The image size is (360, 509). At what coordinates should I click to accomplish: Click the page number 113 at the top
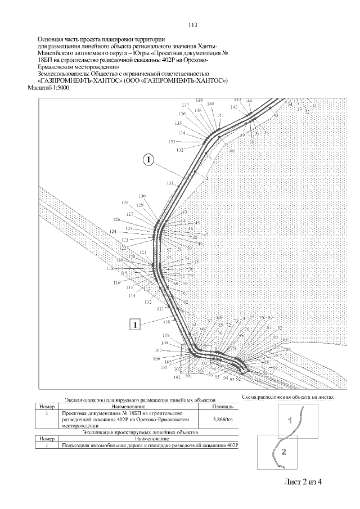click(192, 25)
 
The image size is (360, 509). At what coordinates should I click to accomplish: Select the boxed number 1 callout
click(135, 324)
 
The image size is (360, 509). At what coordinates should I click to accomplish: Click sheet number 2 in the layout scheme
click(284, 452)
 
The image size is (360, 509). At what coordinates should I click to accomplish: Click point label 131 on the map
click(171, 184)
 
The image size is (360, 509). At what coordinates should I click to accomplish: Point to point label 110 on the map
click(166, 321)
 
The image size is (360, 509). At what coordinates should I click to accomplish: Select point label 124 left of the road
click(113, 232)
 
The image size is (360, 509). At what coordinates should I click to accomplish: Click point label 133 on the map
click(172, 142)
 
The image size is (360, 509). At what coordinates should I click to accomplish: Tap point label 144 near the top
click(249, 101)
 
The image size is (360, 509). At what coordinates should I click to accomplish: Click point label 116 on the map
click(117, 282)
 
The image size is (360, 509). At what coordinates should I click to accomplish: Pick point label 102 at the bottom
click(177, 378)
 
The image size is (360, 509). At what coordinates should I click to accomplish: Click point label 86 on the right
click(289, 350)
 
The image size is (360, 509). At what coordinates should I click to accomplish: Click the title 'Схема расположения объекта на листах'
click(287, 397)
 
